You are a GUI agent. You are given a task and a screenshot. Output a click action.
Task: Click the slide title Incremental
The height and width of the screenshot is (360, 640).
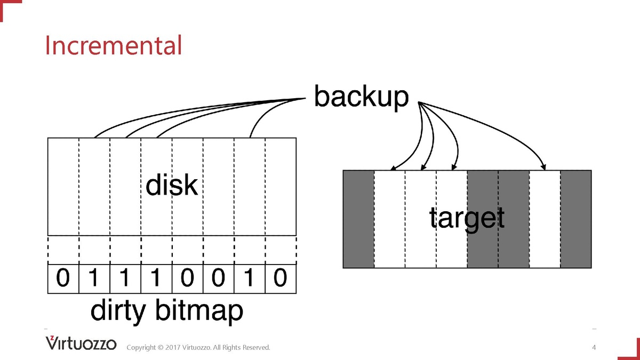pos(113,45)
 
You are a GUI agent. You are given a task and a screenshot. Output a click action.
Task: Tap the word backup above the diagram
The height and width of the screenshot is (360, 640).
pos(361,98)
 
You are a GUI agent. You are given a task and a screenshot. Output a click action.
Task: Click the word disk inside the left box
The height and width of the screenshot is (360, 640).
pos(172,186)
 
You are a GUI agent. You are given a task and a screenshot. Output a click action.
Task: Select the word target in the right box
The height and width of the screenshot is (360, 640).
pos(467,218)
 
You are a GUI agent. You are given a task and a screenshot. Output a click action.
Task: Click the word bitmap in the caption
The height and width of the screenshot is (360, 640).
pos(199,311)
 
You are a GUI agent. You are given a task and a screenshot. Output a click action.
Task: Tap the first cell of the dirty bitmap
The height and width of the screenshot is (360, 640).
pos(63,278)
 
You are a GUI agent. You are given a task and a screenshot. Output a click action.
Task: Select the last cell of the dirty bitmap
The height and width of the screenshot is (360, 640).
pos(281,278)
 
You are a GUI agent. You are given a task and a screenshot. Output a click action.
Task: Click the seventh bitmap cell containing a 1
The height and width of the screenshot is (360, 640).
pos(250,278)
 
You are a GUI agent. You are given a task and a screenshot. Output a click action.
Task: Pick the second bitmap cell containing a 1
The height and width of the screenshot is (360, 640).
pos(125,278)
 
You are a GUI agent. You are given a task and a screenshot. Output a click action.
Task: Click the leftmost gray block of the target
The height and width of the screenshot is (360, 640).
pos(358,219)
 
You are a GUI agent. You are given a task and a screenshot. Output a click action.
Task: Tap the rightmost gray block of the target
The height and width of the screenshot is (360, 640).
pos(576,219)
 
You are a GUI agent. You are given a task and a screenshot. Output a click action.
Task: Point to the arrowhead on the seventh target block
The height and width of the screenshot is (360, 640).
pos(543,166)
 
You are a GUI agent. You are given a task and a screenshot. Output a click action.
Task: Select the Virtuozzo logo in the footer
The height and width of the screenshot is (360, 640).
pos(81,343)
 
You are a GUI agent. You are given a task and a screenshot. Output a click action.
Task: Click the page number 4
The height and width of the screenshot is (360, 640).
pos(594,348)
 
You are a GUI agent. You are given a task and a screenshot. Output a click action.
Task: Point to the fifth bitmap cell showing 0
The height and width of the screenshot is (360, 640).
pos(187,278)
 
